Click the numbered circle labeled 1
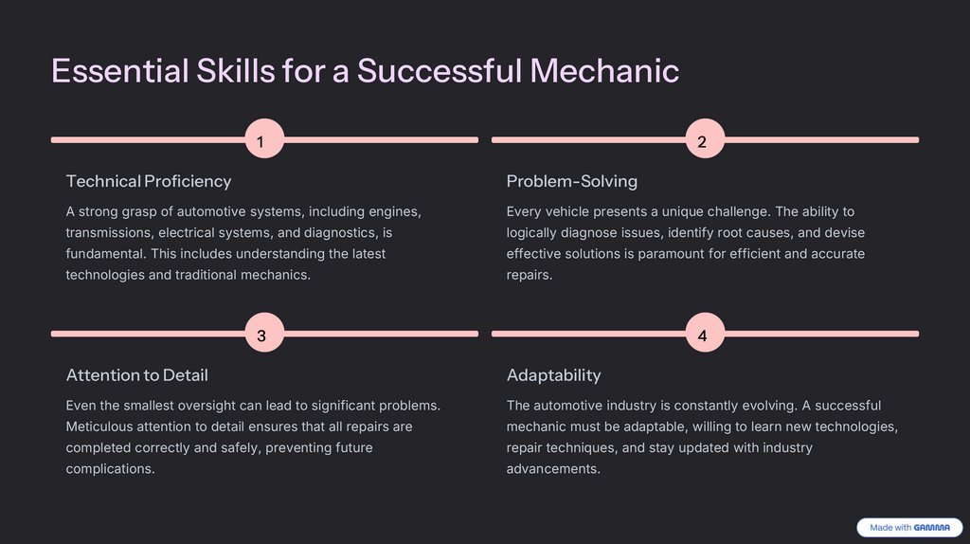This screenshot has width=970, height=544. tap(260, 140)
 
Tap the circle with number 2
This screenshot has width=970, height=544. tap(702, 140)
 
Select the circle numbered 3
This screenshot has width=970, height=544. tap(260, 335)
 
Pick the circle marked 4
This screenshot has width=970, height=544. tap(702, 335)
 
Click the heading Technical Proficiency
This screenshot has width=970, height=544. tap(149, 181)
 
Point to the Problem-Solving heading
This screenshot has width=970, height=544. tap(572, 181)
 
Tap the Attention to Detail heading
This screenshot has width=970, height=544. tap(136, 375)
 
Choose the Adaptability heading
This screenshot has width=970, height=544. tap(553, 375)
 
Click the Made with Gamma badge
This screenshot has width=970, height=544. tap(909, 528)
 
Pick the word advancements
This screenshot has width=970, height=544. tap(553, 468)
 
